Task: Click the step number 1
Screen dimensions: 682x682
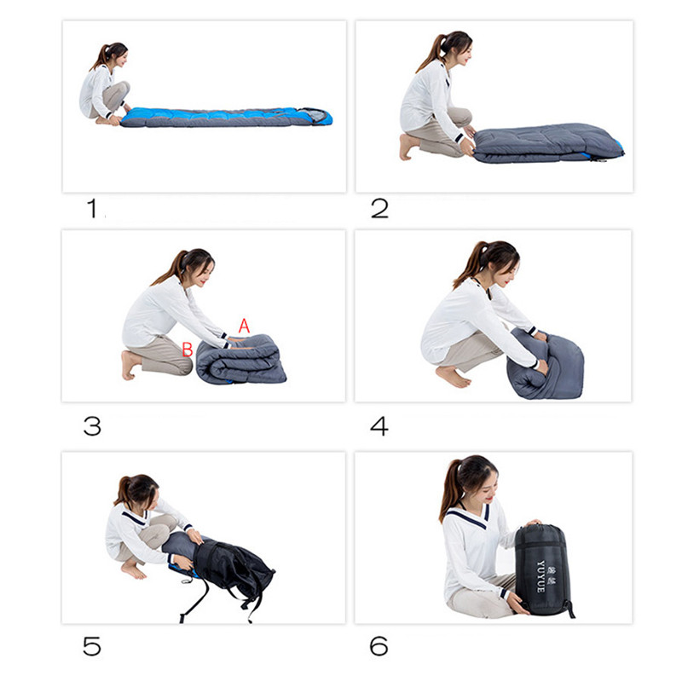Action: click(x=92, y=208)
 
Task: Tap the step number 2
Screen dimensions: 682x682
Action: click(x=379, y=208)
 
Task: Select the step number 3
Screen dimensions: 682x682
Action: click(x=92, y=426)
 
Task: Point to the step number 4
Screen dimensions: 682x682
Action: click(x=379, y=426)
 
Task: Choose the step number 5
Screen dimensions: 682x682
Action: click(x=92, y=646)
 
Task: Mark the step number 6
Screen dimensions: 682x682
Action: click(x=379, y=646)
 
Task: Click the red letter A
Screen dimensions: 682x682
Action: click(x=244, y=326)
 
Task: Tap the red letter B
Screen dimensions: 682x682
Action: click(x=188, y=350)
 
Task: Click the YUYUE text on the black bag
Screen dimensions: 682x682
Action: click(x=540, y=577)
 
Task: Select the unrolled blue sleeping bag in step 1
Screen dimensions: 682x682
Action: click(x=227, y=117)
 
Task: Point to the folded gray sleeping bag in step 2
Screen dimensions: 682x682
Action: click(x=548, y=143)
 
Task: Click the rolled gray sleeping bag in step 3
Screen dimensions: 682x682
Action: click(x=240, y=360)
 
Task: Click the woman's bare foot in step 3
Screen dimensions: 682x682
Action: click(x=130, y=365)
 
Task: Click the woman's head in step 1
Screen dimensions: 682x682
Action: click(x=114, y=55)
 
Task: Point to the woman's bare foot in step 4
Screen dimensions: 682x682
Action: click(x=453, y=376)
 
